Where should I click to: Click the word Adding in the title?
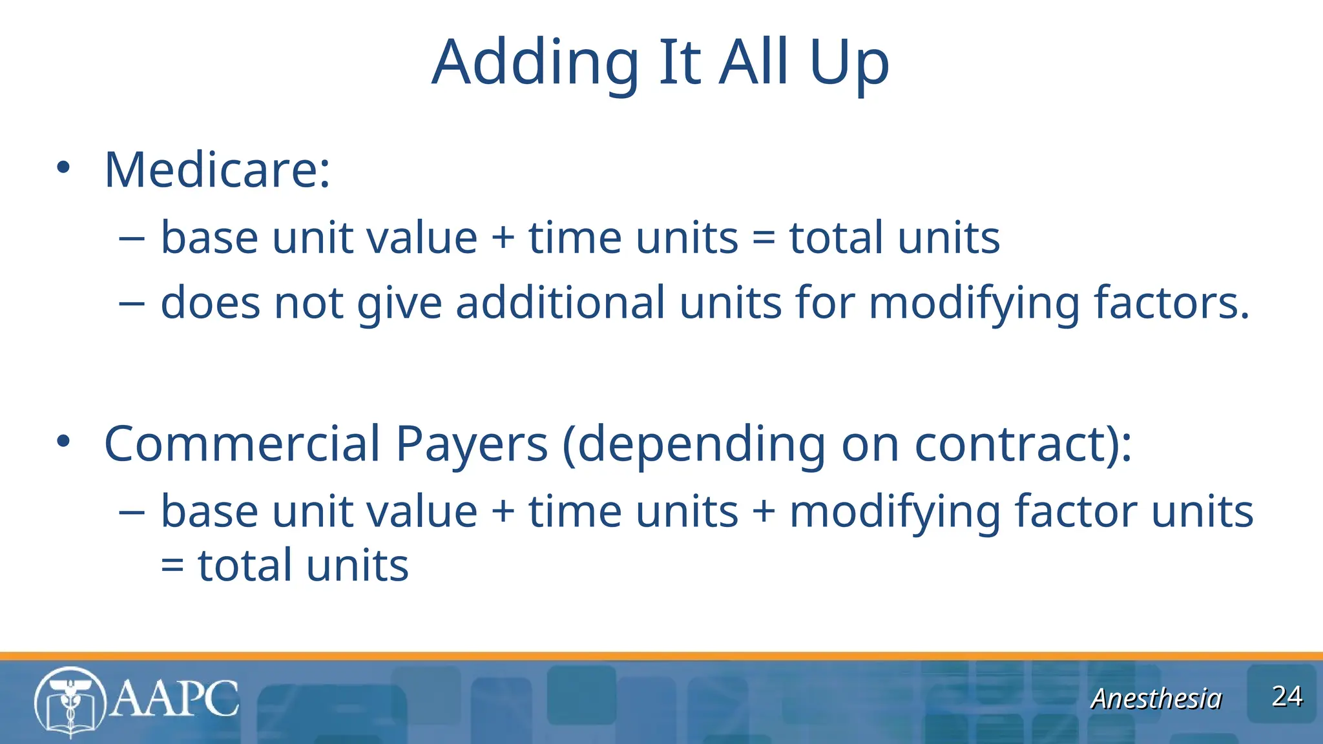(x=536, y=63)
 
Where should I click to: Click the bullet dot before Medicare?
(x=63, y=167)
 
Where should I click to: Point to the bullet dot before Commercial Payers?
(x=63, y=442)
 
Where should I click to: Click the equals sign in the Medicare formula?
(x=764, y=238)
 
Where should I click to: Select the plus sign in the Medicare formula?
(x=503, y=238)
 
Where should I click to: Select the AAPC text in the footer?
(x=174, y=699)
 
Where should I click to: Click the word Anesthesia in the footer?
(x=1156, y=699)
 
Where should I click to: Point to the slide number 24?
(x=1287, y=696)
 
